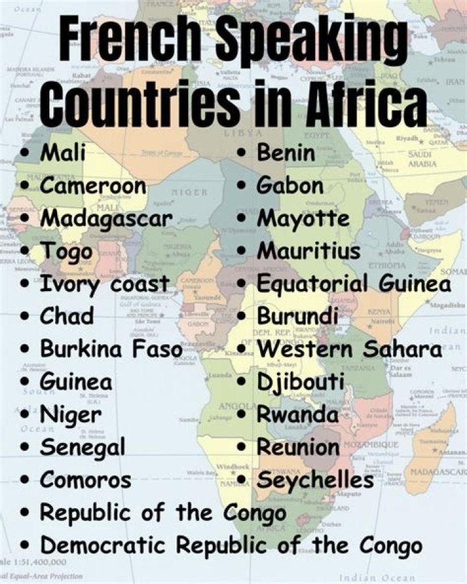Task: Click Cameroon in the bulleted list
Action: (x=93, y=186)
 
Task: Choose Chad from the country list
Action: (x=67, y=316)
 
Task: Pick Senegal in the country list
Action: (x=82, y=447)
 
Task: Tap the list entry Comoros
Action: (x=85, y=479)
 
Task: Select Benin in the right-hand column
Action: (x=286, y=153)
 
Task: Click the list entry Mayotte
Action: (x=303, y=219)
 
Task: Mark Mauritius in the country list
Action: (x=308, y=251)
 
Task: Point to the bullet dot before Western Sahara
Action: (x=242, y=349)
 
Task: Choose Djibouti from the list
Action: (x=300, y=383)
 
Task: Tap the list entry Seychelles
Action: (x=315, y=480)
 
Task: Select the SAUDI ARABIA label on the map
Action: (x=422, y=159)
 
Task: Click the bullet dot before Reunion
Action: (x=242, y=447)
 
